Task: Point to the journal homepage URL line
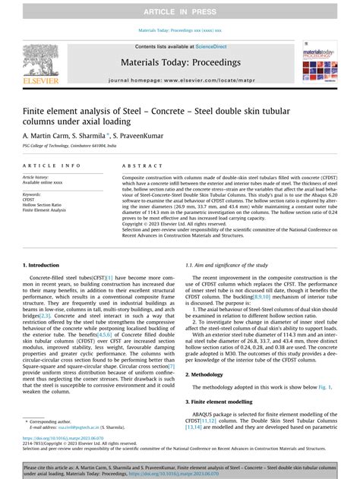pos(180,79)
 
